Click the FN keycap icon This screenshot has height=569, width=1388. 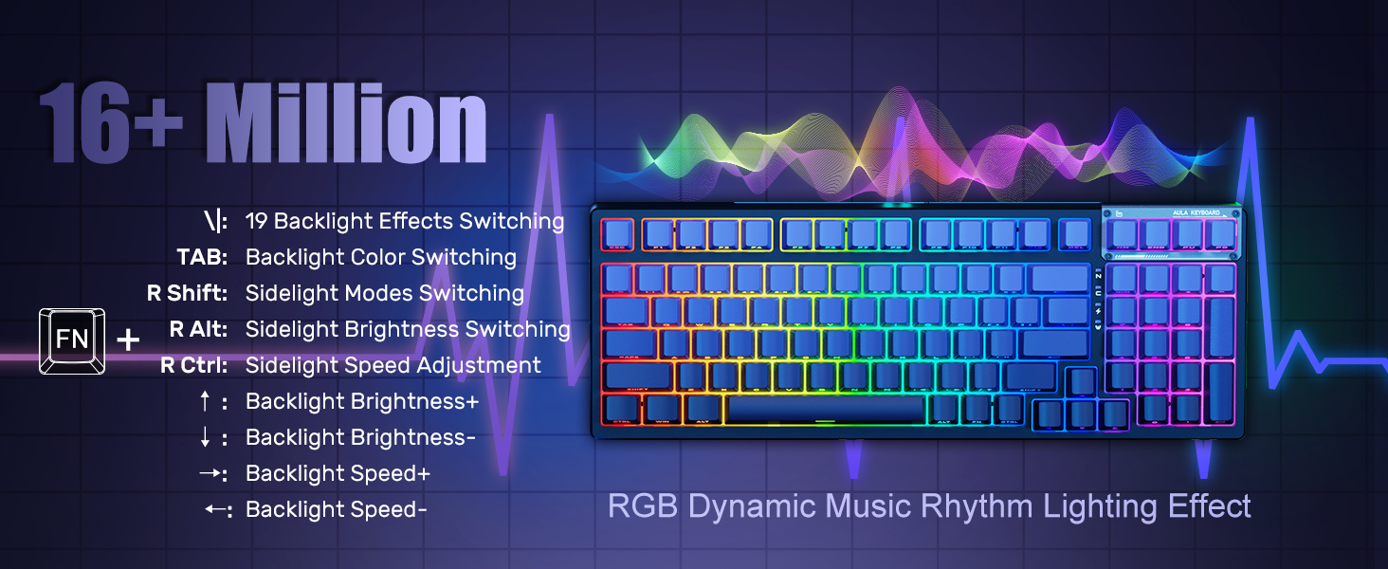72,340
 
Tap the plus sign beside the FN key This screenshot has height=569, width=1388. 128,340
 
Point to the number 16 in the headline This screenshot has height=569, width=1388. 85,124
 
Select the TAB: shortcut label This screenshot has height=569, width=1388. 202,257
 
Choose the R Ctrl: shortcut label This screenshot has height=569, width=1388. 194,365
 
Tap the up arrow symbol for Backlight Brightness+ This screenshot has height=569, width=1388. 205,402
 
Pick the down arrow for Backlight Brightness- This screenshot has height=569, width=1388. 205,438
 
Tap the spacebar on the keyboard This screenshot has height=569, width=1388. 825,410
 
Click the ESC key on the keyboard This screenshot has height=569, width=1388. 618,234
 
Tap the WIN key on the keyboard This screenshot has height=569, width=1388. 661,409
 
